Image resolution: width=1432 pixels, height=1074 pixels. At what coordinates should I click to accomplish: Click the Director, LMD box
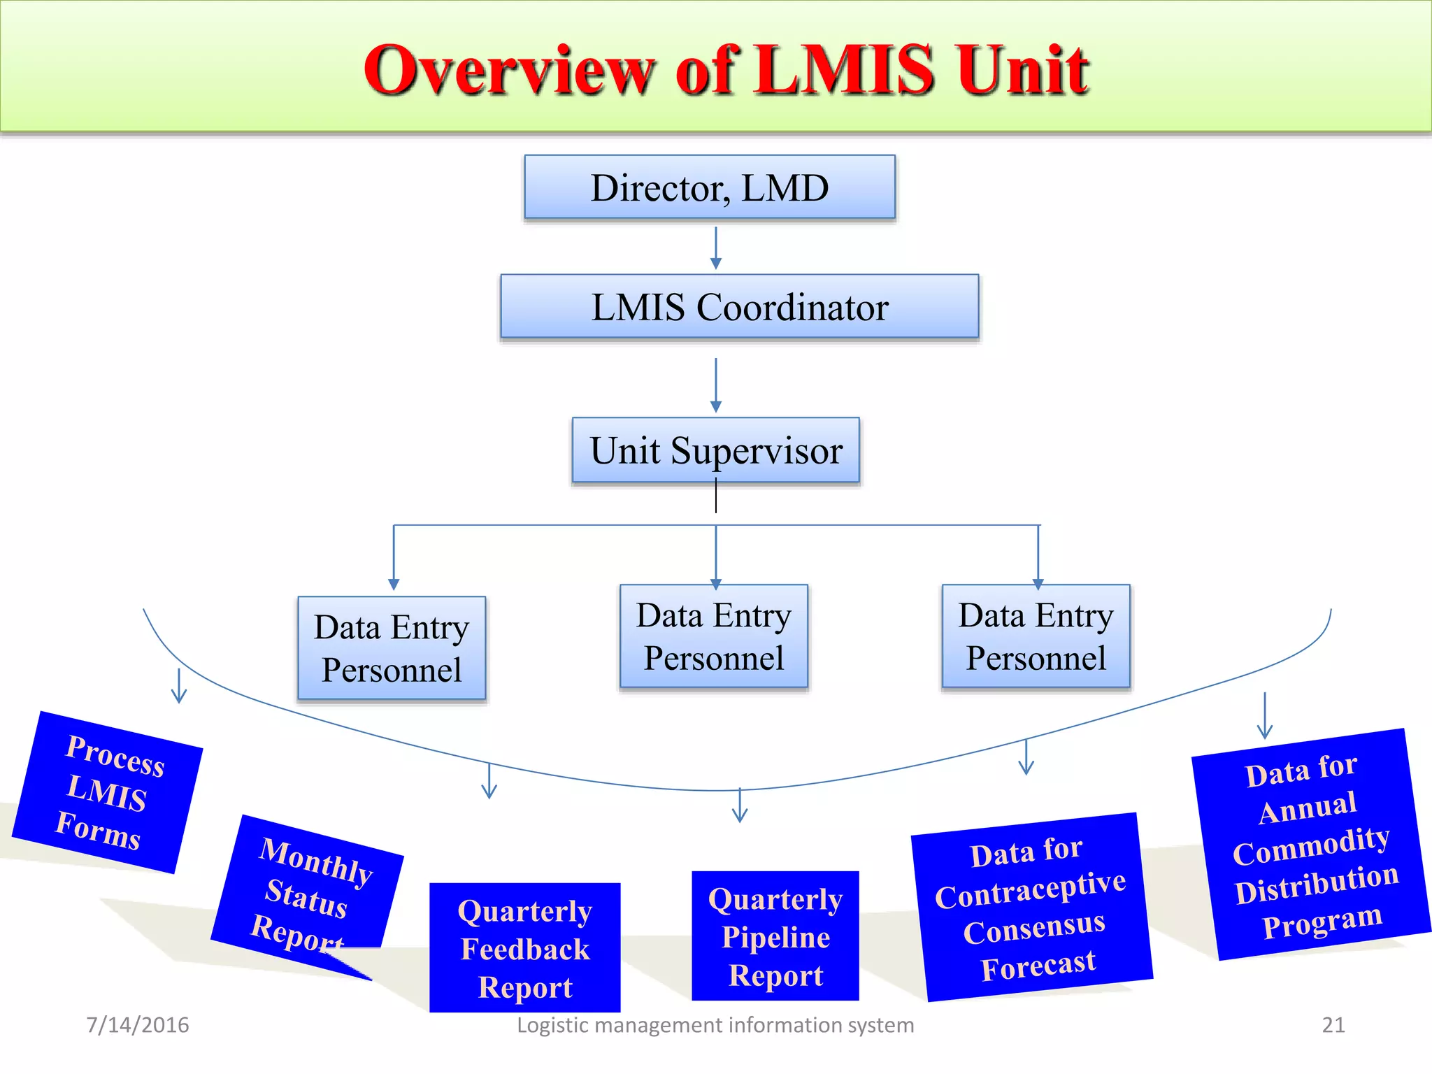tap(710, 187)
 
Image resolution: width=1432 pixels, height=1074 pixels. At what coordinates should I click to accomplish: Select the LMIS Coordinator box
tap(739, 306)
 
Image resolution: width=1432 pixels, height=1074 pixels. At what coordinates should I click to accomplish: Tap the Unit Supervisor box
tap(716, 450)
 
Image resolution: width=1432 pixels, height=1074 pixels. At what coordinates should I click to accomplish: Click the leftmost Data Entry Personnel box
tap(392, 648)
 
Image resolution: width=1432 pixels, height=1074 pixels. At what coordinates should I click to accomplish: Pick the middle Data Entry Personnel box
tap(714, 636)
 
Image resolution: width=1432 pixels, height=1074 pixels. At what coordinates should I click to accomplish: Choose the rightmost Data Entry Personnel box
tap(1036, 636)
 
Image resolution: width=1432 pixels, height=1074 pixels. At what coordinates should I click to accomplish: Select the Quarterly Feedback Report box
tap(524, 947)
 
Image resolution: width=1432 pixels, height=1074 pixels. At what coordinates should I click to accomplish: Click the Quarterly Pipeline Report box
tap(775, 936)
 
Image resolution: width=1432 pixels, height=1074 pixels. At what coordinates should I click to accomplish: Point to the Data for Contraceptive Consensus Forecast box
tap(1031, 908)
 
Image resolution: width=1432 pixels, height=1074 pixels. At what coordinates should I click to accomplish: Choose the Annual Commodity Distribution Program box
tap(1312, 845)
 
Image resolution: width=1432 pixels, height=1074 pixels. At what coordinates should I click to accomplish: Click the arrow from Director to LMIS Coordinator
tap(715, 248)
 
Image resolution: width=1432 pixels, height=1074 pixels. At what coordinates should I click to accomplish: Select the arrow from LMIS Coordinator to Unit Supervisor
tap(715, 385)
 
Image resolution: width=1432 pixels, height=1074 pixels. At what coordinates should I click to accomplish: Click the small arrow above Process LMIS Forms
tap(179, 687)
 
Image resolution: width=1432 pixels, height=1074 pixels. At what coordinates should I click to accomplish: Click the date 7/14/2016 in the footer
tap(137, 1025)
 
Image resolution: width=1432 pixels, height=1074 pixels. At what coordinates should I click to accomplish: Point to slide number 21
tap(1333, 1025)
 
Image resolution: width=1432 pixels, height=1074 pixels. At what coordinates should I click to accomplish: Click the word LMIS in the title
tap(845, 70)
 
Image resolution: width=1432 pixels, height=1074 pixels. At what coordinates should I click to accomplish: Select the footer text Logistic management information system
tap(715, 1025)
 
